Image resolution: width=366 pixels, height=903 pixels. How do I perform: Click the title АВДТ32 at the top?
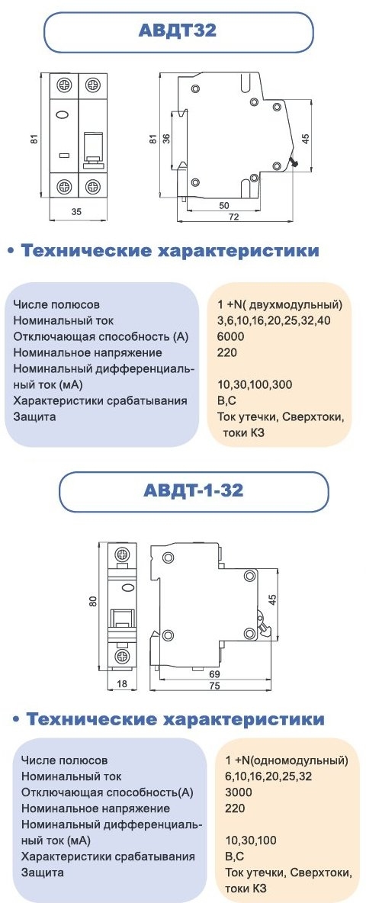(x=177, y=30)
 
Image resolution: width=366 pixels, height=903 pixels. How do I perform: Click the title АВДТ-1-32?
(x=193, y=490)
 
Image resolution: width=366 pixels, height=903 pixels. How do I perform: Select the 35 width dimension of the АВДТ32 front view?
(x=76, y=211)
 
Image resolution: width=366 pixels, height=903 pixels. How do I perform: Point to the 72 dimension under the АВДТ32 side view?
(x=234, y=217)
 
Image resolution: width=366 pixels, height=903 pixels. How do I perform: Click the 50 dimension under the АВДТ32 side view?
(x=224, y=205)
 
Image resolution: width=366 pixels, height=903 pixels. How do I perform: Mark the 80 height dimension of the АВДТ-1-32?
(x=92, y=603)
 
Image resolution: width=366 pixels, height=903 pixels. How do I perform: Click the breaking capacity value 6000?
(x=231, y=336)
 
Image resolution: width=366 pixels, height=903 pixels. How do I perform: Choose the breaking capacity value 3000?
(x=239, y=792)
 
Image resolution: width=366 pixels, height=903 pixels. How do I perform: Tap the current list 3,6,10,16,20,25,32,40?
(x=273, y=320)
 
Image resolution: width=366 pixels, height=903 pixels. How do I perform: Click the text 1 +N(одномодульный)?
(x=287, y=760)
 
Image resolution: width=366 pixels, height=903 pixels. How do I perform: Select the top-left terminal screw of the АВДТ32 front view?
(x=64, y=85)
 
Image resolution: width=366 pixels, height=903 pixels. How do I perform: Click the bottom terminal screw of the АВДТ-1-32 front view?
(x=123, y=657)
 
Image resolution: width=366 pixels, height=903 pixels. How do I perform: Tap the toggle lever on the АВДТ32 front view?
(x=93, y=149)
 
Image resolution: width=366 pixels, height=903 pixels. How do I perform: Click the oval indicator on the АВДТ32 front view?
(x=63, y=114)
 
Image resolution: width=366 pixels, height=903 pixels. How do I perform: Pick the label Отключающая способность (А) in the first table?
(x=101, y=336)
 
